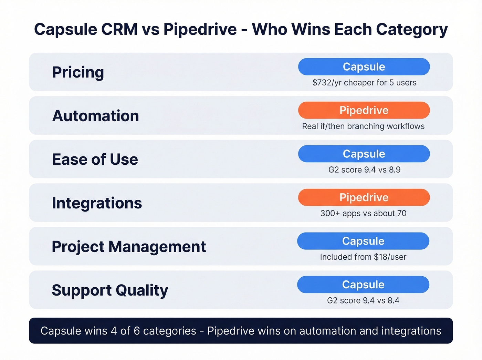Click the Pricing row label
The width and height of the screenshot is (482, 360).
(x=78, y=72)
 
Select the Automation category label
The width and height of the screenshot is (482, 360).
(x=95, y=116)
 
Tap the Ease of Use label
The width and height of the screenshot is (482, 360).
(x=95, y=160)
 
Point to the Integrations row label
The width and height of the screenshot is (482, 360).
(x=97, y=203)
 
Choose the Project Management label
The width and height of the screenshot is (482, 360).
(x=129, y=247)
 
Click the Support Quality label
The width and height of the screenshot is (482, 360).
(x=110, y=290)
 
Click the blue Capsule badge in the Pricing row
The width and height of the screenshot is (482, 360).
(x=364, y=67)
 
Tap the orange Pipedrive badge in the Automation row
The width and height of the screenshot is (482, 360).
(x=364, y=110)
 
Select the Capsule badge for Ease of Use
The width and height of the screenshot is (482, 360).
(x=364, y=154)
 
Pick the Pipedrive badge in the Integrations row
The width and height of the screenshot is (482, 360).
(x=364, y=197)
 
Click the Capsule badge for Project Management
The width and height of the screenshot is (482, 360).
(x=363, y=241)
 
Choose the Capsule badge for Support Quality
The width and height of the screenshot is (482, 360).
(x=363, y=285)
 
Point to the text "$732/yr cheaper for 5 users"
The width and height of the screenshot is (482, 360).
(x=364, y=83)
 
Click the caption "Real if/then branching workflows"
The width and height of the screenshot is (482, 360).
(x=363, y=126)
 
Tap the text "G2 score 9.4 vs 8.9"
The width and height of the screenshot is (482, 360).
(x=364, y=170)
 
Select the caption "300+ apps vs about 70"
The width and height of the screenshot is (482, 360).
(x=363, y=213)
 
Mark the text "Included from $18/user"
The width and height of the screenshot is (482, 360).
(x=363, y=257)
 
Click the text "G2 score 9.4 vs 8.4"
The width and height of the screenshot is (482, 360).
(x=363, y=300)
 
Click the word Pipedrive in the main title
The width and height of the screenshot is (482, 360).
(x=200, y=30)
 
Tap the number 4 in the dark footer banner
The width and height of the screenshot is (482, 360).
(x=114, y=331)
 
